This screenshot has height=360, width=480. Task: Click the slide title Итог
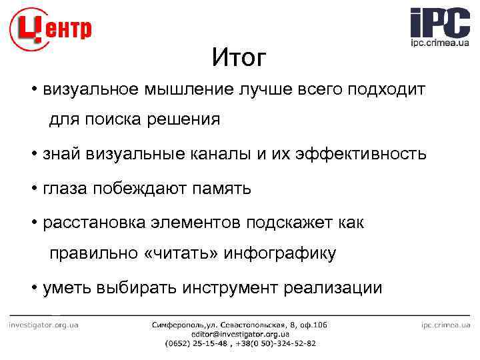[239, 59]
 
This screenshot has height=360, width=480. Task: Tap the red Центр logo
[51, 29]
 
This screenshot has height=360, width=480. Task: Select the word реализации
[333, 288]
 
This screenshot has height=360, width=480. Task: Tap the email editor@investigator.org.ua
[240, 334]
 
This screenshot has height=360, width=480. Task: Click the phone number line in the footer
[240, 343]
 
